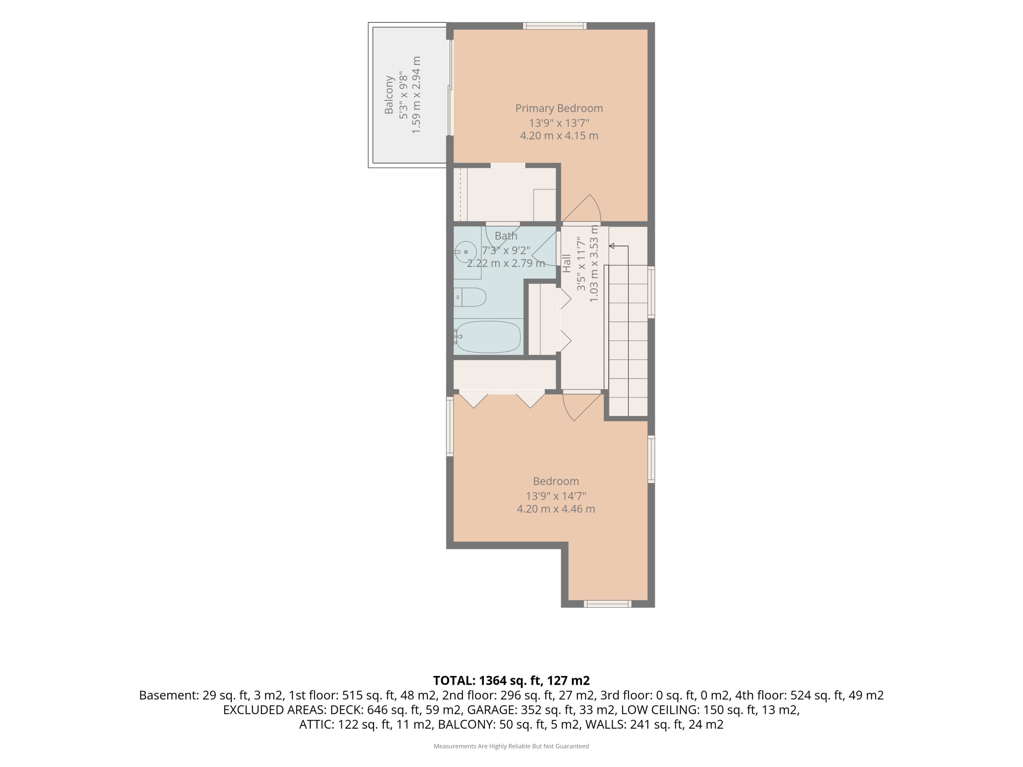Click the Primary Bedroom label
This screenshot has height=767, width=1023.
559,108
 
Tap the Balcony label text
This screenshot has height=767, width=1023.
388,95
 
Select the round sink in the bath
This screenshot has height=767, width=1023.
466,252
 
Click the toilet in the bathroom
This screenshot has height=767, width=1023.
470,297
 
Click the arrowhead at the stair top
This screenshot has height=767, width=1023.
611,246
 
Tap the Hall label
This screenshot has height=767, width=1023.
567,263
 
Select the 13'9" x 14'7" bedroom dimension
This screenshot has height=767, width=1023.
556,496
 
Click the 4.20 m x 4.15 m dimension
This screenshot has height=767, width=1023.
559,136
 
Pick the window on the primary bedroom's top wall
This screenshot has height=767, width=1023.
555,26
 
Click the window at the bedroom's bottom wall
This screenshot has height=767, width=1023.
607,604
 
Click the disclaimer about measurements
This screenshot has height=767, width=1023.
511,746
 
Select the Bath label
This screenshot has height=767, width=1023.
506,236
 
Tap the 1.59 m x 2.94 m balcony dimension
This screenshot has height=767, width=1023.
416,95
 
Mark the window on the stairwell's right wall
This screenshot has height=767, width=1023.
651,292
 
